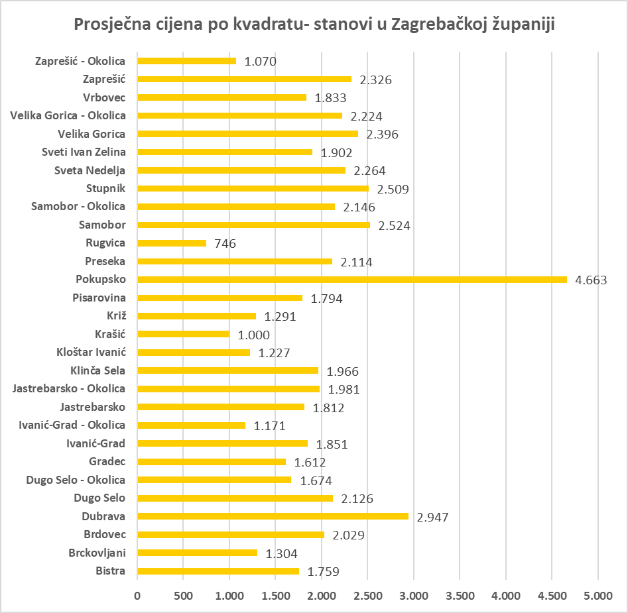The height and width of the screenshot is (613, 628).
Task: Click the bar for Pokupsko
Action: coord(352,280)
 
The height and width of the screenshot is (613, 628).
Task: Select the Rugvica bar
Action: coord(172,243)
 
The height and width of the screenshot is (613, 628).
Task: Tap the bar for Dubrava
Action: coord(273,516)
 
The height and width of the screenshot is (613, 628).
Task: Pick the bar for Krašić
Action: coord(183,334)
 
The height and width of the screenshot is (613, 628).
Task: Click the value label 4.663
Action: coord(591,280)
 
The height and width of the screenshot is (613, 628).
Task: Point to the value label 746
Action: coord(225,243)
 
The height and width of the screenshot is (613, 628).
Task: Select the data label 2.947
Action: coord(433,516)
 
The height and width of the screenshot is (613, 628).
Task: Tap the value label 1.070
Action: coord(260,62)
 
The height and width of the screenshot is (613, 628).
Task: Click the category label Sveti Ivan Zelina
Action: coord(84,152)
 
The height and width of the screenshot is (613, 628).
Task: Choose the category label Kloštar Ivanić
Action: coord(92,353)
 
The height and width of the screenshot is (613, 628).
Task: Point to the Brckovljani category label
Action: coord(97,553)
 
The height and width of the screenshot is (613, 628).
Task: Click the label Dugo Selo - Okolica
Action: coord(76,480)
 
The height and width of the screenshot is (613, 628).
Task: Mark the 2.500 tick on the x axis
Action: coord(367,596)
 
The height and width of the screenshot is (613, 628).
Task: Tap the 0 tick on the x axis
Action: coord(137,596)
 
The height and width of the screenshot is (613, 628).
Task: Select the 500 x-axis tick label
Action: coord(183,596)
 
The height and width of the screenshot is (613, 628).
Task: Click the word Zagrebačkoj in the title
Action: coord(434,25)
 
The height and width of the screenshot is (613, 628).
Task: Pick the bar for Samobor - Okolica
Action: coord(236,207)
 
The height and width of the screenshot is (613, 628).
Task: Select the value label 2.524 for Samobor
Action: coord(394,225)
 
